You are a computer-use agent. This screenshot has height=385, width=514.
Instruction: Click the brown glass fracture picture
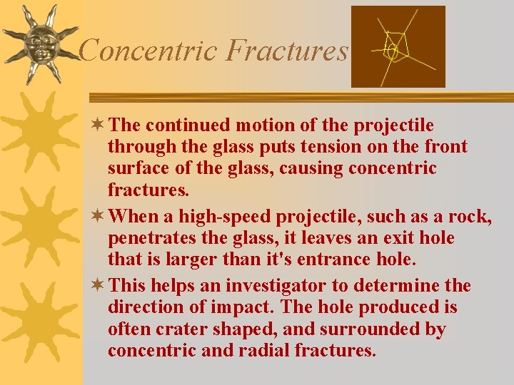pyautogui.click(x=398, y=46)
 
